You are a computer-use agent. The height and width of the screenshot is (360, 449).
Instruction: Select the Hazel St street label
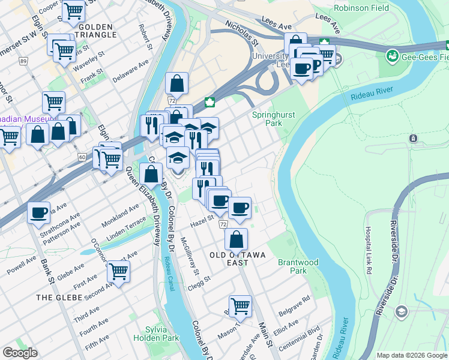click(202, 220)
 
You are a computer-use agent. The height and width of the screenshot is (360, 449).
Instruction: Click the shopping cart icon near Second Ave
click(118, 271)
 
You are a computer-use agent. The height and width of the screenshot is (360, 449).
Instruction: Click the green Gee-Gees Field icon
click(393, 56)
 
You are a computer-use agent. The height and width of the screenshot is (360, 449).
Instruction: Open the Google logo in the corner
click(20, 353)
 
